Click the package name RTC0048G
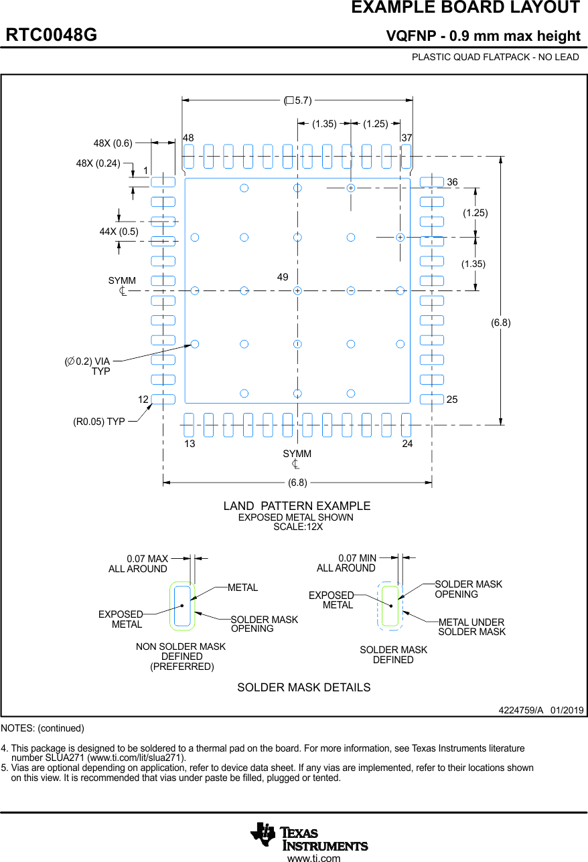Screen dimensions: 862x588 52,35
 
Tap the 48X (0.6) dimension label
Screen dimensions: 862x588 113,143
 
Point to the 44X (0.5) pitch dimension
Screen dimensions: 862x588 119,232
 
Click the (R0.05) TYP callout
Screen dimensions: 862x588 98,422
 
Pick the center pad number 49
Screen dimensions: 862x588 283,277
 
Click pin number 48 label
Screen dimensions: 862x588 188,138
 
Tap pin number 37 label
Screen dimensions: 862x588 407,138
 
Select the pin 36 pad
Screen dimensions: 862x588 431,182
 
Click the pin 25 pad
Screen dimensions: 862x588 431,400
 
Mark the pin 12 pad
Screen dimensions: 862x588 163,400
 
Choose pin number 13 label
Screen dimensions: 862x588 190,444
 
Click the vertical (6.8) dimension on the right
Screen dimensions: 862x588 500,323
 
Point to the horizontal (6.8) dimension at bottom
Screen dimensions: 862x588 297,482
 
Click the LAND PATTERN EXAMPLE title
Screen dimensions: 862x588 297,506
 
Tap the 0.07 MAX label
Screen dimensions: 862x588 147,559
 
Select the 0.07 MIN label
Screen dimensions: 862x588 357,558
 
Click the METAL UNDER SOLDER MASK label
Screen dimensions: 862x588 471,627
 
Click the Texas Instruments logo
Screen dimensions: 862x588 309,836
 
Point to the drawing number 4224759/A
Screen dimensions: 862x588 520,710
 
